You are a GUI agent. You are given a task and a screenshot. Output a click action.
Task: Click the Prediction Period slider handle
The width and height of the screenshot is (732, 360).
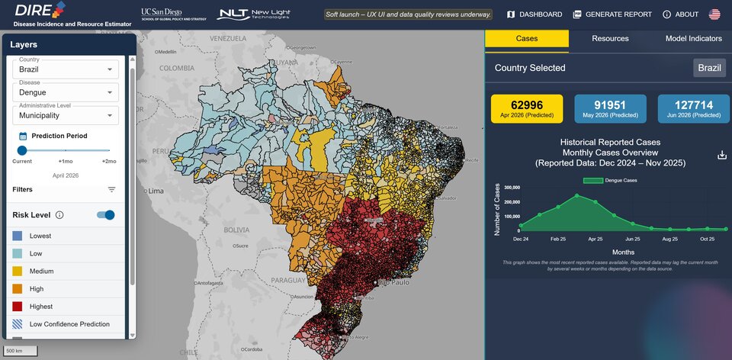pyautogui.click(x=22, y=151)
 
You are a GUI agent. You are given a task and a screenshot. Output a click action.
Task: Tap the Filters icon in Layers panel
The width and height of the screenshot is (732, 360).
pyautogui.click(x=111, y=189)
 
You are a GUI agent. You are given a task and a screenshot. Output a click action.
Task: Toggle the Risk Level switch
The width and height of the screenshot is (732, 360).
pyautogui.click(x=106, y=215)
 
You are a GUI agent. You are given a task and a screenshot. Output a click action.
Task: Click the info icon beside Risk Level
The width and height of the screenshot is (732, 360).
pyautogui.click(x=59, y=215)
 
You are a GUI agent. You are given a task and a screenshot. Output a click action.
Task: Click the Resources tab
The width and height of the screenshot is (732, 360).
pyautogui.click(x=610, y=39)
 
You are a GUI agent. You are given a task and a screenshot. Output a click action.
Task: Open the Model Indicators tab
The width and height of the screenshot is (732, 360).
pyautogui.click(x=693, y=39)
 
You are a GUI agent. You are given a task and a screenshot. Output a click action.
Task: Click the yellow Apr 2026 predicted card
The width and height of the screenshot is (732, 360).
pyautogui.click(x=527, y=108)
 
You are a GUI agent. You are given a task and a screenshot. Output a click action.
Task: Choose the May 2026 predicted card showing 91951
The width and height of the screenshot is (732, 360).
pyautogui.click(x=610, y=108)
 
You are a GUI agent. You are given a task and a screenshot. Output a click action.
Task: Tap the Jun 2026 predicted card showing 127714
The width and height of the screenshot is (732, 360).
pyautogui.click(x=693, y=108)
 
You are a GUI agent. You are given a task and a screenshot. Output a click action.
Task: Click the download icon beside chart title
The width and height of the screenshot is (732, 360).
pyautogui.click(x=722, y=155)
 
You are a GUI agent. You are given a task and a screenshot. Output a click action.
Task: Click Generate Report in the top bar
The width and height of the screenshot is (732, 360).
pyautogui.click(x=612, y=14)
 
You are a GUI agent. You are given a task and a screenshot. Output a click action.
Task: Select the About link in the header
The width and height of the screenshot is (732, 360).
pyautogui.click(x=680, y=14)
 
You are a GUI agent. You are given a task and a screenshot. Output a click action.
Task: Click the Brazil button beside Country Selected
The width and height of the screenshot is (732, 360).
pyautogui.click(x=709, y=68)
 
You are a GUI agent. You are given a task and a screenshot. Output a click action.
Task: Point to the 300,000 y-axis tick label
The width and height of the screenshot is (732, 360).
pyautogui.click(x=507, y=186)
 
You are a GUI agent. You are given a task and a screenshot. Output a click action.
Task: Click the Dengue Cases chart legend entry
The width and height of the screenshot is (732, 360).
pyautogui.click(x=610, y=181)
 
